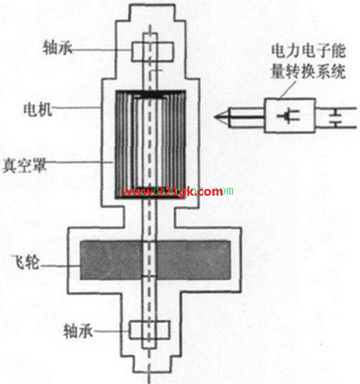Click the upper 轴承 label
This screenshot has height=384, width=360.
(x=58, y=48)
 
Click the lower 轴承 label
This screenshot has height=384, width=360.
(x=78, y=331)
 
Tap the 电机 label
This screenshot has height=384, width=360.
(x=37, y=110)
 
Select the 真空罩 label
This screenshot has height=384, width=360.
(x=24, y=165)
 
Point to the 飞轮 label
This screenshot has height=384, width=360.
(x=26, y=263)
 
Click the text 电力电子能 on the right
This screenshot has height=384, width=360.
(x=309, y=51)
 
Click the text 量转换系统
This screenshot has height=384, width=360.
(x=309, y=71)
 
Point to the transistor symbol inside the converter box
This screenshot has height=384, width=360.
(x=288, y=115)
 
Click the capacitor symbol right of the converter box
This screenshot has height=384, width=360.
(x=336, y=117)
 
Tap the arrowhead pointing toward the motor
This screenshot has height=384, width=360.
(x=223, y=117)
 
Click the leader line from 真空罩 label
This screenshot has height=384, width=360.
(x=79, y=162)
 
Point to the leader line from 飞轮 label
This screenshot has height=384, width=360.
(x=60, y=266)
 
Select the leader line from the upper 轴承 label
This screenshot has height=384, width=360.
(x=101, y=50)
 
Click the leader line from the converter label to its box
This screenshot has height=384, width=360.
(x=287, y=90)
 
